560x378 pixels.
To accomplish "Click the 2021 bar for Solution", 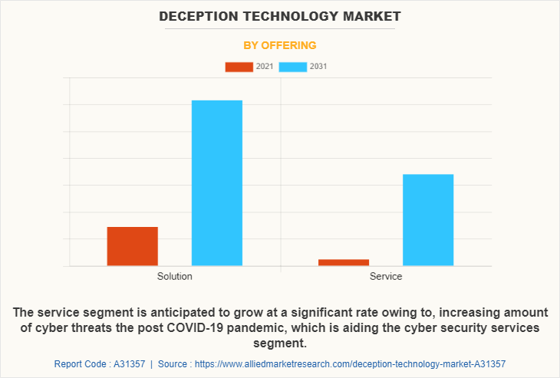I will (x=132, y=246).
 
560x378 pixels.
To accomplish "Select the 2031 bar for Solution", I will (x=216, y=183).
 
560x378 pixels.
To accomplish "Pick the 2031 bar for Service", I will (x=428, y=220).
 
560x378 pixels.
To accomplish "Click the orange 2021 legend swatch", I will (x=239, y=67).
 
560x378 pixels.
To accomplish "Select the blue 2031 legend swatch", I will (x=292, y=67).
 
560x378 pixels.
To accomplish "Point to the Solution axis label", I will (x=175, y=277).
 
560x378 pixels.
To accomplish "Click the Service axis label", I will (x=386, y=277).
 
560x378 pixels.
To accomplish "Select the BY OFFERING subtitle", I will (x=280, y=45).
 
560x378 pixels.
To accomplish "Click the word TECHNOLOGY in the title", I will (x=285, y=16).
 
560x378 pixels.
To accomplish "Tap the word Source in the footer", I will (x=175, y=364).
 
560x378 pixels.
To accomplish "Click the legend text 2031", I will (x=318, y=67).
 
